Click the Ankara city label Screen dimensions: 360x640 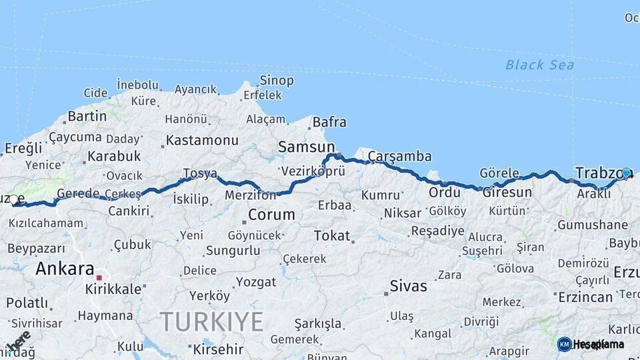pyautogui.click(x=65, y=269)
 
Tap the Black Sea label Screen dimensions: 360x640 pyautogui.click(x=539, y=65)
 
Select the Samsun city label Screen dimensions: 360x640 pyautogui.click(x=306, y=147)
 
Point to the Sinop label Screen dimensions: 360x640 pyautogui.click(x=277, y=81)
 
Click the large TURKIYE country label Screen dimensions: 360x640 pyautogui.click(x=212, y=322)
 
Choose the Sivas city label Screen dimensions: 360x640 pyautogui.click(x=409, y=287)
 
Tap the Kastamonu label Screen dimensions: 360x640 pyautogui.click(x=202, y=141)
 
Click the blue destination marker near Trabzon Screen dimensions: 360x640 pyautogui.click(x=626, y=173)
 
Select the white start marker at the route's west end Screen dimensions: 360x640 pyautogui.click(x=13, y=199)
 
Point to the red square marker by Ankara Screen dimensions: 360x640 pyautogui.click(x=99, y=277)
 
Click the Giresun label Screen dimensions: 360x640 pyautogui.click(x=507, y=193)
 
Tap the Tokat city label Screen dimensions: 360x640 pyautogui.click(x=331, y=235)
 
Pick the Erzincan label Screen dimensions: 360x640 pyautogui.click(x=585, y=297)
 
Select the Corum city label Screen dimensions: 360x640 pyautogui.click(x=271, y=215)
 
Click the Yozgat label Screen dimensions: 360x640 pyautogui.click(x=255, y=282)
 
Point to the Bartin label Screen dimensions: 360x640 pyautogui.click(x=87, y=116)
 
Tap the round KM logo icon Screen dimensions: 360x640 pyautogui.click(x=564, y=344)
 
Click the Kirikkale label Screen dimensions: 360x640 pyautogui.click(x=113, y=289)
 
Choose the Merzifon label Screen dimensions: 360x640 pyautogui.click(x=250, y=195)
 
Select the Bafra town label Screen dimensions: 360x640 pyautogui.click(x=329, y=122)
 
